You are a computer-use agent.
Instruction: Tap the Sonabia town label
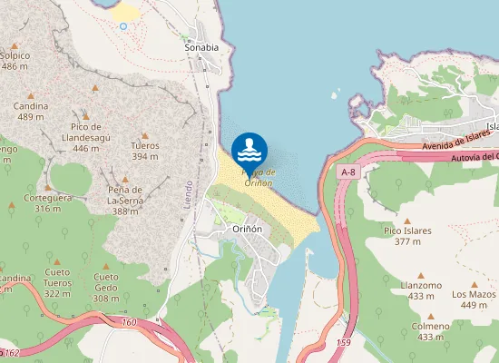coord(201,48)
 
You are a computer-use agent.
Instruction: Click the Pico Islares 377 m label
coord(407,237)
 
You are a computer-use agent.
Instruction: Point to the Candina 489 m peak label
coord(31,112)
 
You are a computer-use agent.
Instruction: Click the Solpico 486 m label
coord(15,61)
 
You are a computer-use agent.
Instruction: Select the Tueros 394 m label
coord(145,151)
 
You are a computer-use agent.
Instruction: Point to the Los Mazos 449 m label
coord(475,299)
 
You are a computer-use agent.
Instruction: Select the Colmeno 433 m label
coord(430,331)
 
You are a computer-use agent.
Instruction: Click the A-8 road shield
coord(348,172)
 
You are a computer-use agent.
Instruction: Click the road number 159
coord(343,342)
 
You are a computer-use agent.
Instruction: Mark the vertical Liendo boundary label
coord(189,191)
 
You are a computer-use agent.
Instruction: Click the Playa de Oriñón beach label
coord(258,178)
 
